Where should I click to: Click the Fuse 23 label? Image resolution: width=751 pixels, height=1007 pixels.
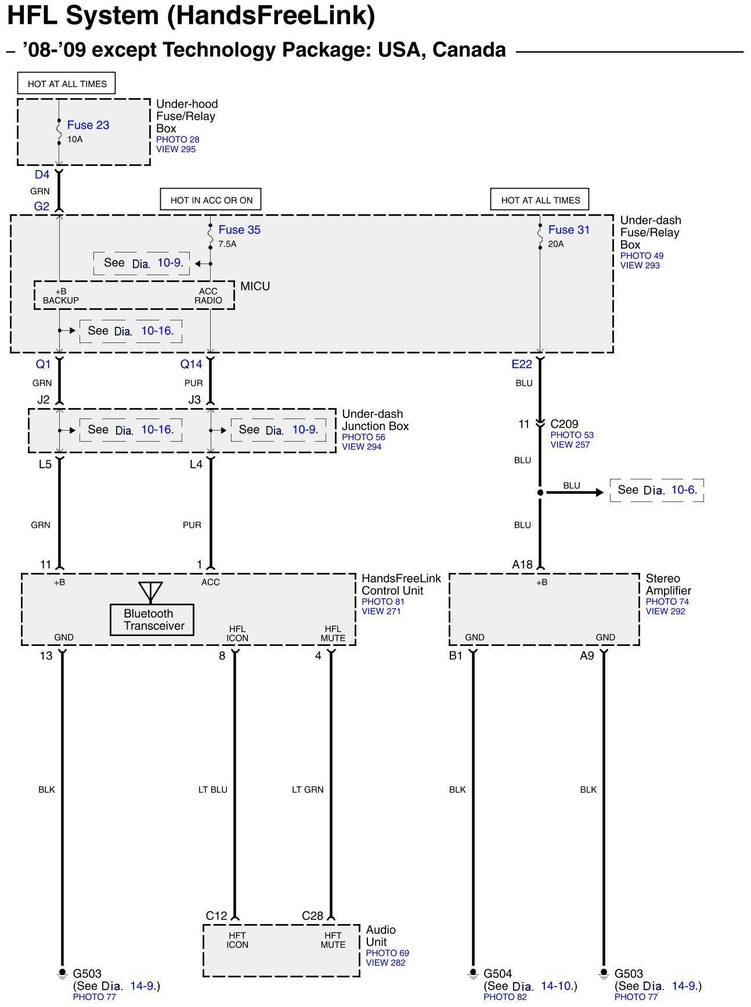tap(88, 125)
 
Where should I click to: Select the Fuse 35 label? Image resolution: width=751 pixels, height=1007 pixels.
tap(239, 230)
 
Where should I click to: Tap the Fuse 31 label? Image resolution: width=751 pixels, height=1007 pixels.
tap(569, 230)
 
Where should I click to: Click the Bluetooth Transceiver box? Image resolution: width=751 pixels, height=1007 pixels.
tap(152, 620)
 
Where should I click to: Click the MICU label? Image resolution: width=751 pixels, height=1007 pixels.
tap(255, 286)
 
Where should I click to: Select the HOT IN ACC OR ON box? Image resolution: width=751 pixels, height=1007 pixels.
tap(211, 200)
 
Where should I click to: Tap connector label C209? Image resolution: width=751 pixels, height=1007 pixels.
tap(564, 424)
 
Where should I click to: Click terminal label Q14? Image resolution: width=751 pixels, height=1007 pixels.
tap(191, 364)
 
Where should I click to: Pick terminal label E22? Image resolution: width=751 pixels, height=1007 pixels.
tap(522, 364)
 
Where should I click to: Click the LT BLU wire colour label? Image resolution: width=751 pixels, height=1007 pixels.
tap(213, 789)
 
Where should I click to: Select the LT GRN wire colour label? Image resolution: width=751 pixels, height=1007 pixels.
tap(308, 789)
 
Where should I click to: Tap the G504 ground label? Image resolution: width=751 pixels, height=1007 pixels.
tap(498, 973)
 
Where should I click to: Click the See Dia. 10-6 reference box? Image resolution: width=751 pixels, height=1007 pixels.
tap(657, 490)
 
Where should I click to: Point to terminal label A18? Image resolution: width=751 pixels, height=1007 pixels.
tap(522, 564)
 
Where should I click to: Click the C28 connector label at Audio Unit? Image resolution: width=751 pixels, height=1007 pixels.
tap(312, 916)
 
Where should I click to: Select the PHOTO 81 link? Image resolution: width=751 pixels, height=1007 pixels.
tap(383, 602)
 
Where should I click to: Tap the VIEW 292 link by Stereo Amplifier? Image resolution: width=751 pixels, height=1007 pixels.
tap(666, 611)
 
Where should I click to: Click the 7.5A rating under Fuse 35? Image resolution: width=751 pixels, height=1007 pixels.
tap(228, 244)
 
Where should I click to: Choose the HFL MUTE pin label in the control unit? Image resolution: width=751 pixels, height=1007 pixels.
tap(333, 633)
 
